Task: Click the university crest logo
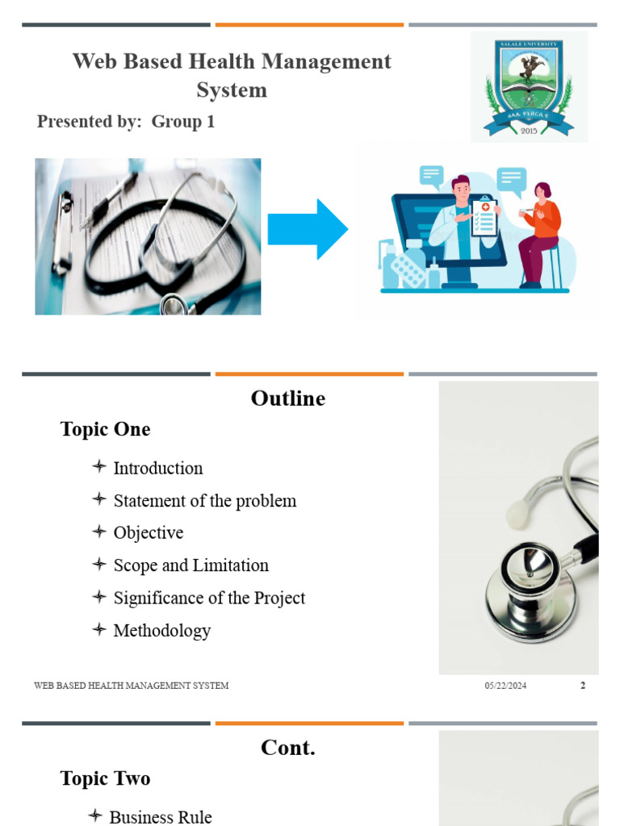(x=529, y=88)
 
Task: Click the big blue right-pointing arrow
(x=308, y=229)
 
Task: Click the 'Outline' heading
(x=288, y=398)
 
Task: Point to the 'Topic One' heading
(x=105, y=429)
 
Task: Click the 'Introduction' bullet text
(x=158, y=468)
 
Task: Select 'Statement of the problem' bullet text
(x=205, y=501)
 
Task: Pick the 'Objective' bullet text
(x=149, y=533)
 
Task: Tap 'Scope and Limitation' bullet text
(x=191, y=565)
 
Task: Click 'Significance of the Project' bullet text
(x=209, y=598)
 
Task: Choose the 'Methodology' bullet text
(x=162, y=631)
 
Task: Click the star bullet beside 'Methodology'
(x=99, y=629)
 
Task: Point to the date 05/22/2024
(x=505, y=686)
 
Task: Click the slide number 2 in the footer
(x=583, y=686)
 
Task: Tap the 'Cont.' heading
(x=288, y=748)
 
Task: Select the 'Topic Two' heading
(x=105, y=778)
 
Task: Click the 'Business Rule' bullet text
(x=161, y=816)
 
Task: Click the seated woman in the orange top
(x=540, y=234)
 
